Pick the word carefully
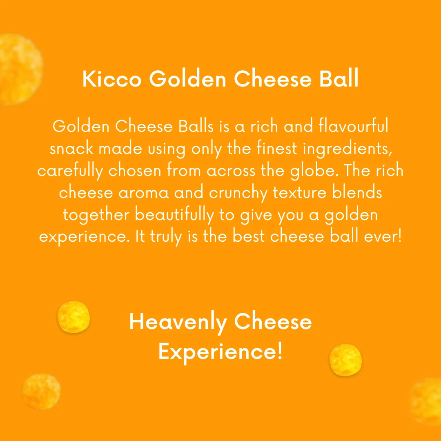point(70,171)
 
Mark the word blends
point(359,193)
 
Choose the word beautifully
point(174,215)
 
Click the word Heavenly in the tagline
point(178,323)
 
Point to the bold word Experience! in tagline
point(220,351)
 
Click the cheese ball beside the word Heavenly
point(73,317)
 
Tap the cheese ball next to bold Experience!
point(345,360)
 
